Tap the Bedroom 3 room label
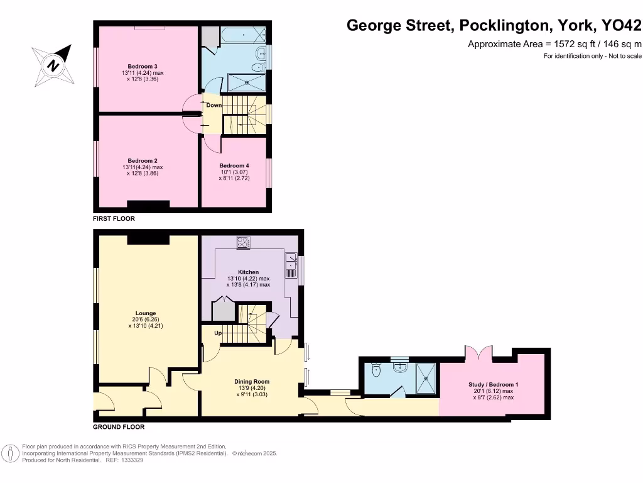[x=143, y=67]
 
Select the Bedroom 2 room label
[x=143, y=160]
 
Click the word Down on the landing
[x=214, y=105]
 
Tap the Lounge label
[x=146, y=313]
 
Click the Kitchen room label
[x=248, y=272]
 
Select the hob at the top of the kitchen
[x=244, y=241]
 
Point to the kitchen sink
[x=291, y=264]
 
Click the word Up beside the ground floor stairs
[x=217, y=333]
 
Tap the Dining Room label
[x=252, y=382]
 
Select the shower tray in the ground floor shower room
[x=428, y=377]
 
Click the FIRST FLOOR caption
[x=114, y=219]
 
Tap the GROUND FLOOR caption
[x=119, y=427]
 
